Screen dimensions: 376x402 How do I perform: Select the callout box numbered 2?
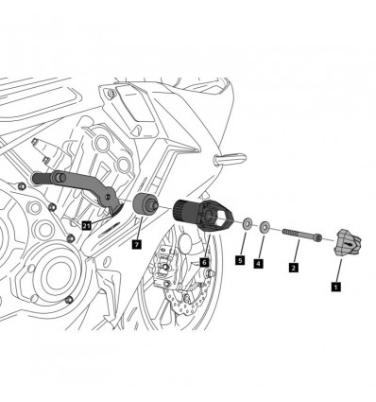coord(294,268)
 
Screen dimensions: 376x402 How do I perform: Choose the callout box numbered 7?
coord(138,245)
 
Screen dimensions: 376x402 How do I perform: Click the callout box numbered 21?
coord(86,225)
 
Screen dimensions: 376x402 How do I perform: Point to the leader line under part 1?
coord(336,269)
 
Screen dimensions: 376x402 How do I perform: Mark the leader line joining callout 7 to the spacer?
coord(141,230)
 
